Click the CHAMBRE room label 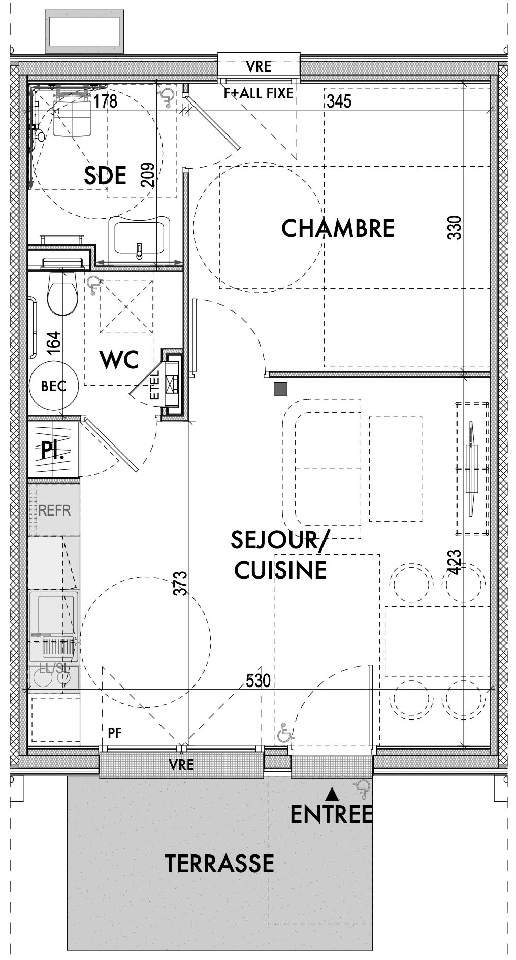tap(338, 228)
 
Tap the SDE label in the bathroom tap(105, 176)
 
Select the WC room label tap(120, 360)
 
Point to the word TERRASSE tap(219, 864)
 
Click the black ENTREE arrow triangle tap(332, 792)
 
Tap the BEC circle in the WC tap(53, 386)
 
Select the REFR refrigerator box tap(54, 510)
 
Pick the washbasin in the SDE tap(139, 236)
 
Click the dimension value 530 tap(258, 680)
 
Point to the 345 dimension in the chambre tap(339, 101)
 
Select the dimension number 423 tap(455, 563)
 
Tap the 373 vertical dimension tap(183, 584)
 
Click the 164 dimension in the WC tap(54, 342)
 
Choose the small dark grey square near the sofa tap(280, 389)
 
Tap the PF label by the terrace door tap(115, 733)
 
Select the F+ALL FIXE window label tap(259, 93)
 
